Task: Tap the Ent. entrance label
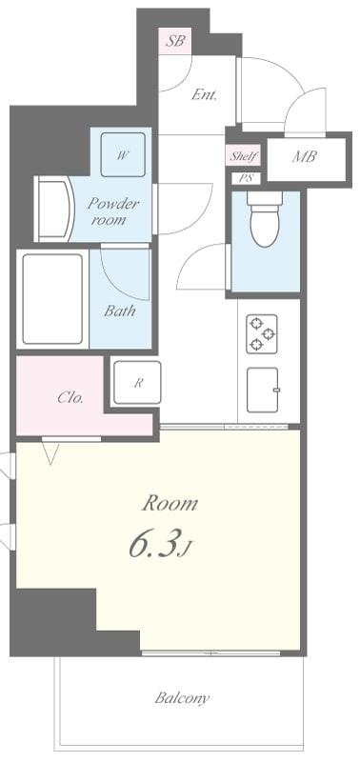tap(204, 94)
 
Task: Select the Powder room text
tap(113, 211)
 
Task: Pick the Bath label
tap(120, 311)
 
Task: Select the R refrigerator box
tap(137, 383)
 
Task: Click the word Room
tap(170, 504)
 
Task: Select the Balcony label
tap(182, 698)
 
